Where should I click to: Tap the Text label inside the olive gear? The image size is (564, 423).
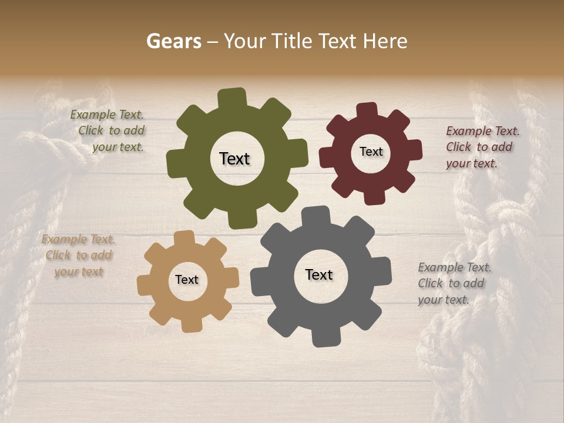(x=234, y=159)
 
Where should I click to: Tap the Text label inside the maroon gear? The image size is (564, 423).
(x=371, y=152)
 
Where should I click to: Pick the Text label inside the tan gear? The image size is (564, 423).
(x=187, y=280)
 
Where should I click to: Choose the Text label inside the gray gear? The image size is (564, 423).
(x=319, y=274)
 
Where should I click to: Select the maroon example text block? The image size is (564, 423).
(x=482, y=147)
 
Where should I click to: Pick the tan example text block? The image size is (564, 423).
(x=79, y=256)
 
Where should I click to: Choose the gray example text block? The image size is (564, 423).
(x=454, y=283)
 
